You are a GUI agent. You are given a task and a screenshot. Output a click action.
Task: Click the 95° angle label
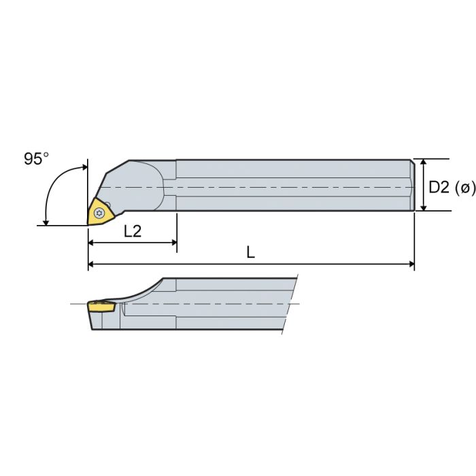pos(37,158)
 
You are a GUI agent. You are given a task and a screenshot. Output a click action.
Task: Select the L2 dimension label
pos(133,231)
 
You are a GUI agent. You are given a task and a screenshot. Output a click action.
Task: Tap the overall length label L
pos(251,252)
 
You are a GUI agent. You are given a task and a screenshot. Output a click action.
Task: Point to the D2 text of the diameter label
pos(440,187)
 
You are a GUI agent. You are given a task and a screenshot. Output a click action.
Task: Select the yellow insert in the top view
pos(98,211)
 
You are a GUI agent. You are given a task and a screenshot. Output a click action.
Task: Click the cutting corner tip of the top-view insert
pos(88,223)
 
